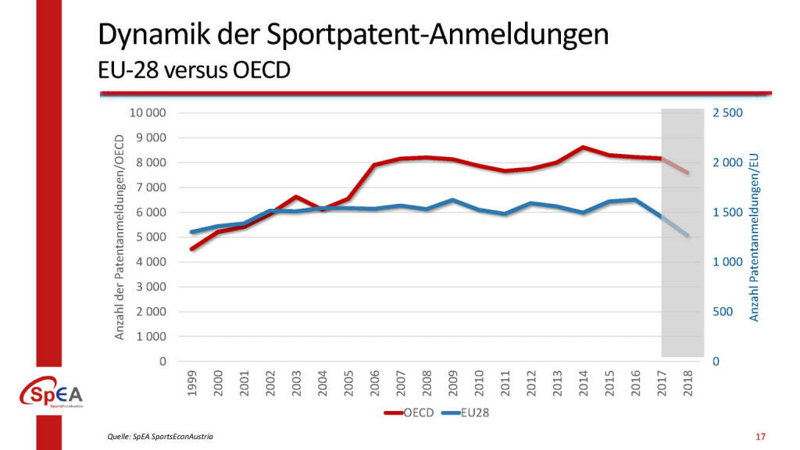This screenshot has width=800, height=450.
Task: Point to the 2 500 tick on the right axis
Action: [727, 113]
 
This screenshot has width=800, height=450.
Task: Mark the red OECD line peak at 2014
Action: [584, 147]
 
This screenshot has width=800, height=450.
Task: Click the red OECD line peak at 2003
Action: [296, 197]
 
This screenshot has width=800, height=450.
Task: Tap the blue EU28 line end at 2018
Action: [687, 236]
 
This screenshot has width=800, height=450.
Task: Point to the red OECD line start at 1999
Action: [192, 249]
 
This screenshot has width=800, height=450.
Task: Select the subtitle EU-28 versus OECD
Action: [194, 71]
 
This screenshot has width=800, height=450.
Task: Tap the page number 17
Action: [760, 436]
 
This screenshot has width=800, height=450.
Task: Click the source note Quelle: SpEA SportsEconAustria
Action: [160, 436]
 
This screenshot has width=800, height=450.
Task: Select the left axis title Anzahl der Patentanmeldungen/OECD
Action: [120, 236]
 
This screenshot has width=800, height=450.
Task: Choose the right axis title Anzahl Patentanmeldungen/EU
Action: [754, 236]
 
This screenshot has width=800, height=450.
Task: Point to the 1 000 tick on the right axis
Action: [727, 262]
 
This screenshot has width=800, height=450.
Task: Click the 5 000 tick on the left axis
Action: [152, 237]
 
